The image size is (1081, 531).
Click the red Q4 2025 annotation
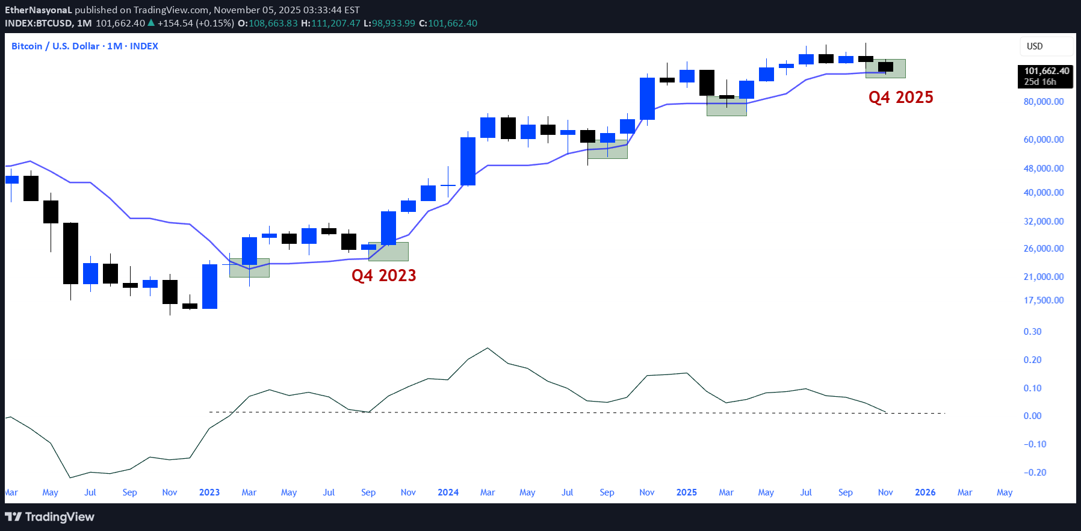(900, 98)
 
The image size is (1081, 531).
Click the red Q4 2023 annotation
(383, 276)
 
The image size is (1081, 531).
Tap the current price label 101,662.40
(1046, 71)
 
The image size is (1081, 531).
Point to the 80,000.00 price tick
(1043, 102)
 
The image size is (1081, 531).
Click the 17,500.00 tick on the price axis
(1043, 300)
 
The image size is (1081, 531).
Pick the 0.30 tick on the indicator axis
(1032, 332)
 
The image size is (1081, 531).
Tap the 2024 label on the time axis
(448, 492)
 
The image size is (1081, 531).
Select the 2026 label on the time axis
(925, 492)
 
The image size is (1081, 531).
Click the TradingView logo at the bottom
(50, 517)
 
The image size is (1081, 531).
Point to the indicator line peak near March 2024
(488, 348)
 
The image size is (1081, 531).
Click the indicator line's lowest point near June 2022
(70, 478)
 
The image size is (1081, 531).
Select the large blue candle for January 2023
(209, 287)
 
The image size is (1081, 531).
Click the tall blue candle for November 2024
(647, 99)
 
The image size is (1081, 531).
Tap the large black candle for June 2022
(70, 253)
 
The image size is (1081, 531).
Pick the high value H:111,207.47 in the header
(330, 23)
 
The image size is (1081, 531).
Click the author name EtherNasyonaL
(39, 10)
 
